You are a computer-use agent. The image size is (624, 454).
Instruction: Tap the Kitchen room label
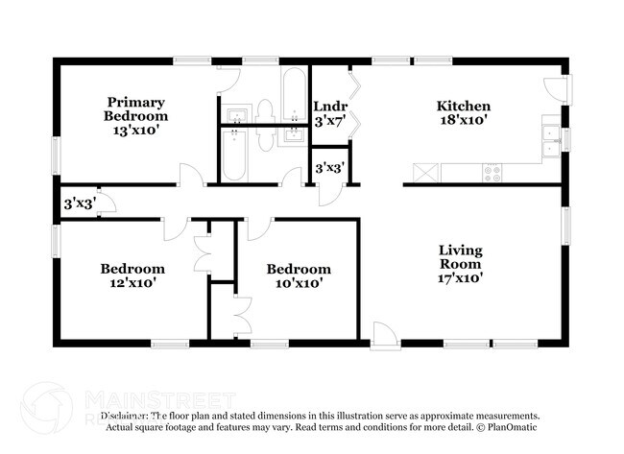[x=464, y=106]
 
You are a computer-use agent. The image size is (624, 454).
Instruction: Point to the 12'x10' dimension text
[x=132, y=283]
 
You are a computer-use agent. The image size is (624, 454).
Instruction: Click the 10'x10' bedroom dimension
[x=299, y=283]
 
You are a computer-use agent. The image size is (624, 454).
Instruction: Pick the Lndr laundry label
[x=329, y=107]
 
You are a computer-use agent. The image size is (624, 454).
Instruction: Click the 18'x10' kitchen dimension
[x=464, y=121]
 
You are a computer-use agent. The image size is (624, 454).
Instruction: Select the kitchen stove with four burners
[x=492, y=174]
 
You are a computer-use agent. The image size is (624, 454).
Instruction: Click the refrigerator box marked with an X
[x=423, y=174]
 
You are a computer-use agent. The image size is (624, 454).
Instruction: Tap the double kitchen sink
[x=550, y=140]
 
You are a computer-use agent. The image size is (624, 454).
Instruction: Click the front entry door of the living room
[x=383, y=332]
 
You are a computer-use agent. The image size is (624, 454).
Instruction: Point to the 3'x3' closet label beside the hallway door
[x=77, y=203]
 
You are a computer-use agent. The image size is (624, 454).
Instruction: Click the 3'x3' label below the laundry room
[x=329, y=169]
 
